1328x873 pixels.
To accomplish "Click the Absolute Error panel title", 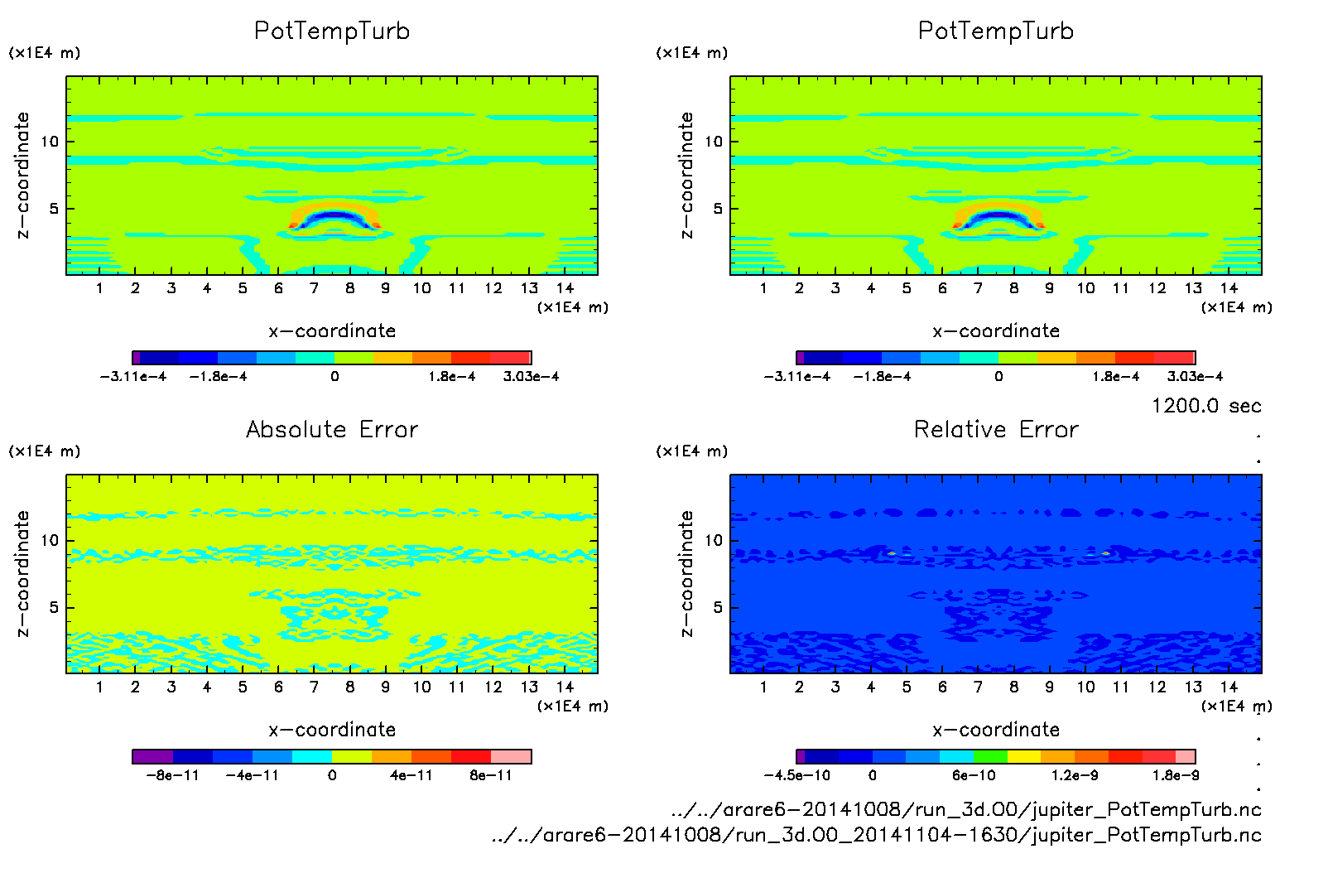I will click(332, 429).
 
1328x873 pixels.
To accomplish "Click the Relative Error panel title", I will click(996, 429).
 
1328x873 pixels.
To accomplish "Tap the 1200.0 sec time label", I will click(1206, 406).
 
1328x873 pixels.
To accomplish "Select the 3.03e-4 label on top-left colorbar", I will click(531, 376).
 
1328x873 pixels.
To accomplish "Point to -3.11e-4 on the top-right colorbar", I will click(796, 376).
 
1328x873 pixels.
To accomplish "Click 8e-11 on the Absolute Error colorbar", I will click(491, 775).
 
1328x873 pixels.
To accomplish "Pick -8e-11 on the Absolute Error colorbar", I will click(173, 775).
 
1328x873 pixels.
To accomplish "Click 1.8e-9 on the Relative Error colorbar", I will click(1175, 775).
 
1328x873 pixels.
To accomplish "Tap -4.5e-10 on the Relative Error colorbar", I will click(796, 775).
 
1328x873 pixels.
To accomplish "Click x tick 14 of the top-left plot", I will click(565, 288).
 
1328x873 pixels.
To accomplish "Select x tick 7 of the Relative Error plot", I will click(978, 687).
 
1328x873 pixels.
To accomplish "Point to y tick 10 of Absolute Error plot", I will click(51, 540).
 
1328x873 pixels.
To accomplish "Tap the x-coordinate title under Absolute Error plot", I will click(332, 730).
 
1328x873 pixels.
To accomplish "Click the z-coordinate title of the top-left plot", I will click(22, 176).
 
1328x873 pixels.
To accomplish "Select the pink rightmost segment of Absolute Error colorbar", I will click(511, 756).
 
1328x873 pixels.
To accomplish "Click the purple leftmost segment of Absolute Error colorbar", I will click(153, 756).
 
